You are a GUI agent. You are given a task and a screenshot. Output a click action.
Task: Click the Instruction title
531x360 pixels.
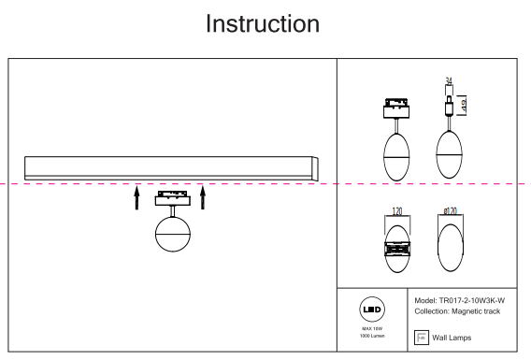pos(263,23)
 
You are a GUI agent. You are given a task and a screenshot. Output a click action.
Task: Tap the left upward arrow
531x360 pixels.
pos(136,198)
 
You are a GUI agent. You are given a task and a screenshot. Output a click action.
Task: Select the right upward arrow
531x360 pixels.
pos(203,197)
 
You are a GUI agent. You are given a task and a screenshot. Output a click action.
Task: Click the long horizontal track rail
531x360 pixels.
pos(171,168)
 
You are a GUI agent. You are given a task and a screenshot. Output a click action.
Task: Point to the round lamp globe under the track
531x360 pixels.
pos(173,234)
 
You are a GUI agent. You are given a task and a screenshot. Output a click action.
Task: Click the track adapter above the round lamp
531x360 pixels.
pos(172,198)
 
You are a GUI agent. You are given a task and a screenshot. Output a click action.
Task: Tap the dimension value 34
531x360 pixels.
pos(449,81)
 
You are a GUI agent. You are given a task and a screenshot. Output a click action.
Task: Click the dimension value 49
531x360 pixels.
pos(464,105)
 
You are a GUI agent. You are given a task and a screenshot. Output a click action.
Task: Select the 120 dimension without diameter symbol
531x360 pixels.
pos(397,211)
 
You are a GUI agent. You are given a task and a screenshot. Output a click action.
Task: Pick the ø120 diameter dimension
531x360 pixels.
pos(450,211)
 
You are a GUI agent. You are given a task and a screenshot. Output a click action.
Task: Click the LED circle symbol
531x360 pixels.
pos(372,310)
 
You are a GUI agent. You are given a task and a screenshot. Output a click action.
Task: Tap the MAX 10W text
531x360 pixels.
pos(372,328)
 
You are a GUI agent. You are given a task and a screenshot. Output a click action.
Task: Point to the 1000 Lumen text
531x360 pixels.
pos(372,336)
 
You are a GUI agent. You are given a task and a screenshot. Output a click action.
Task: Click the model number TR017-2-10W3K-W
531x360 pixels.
pos(472,300)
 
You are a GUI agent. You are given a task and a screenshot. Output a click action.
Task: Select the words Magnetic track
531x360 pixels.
pos(476,311)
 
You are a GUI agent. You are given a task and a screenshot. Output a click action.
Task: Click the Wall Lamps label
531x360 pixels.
pos(452,338)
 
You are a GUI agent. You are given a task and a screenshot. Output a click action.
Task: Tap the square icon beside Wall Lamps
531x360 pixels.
pos(422,338)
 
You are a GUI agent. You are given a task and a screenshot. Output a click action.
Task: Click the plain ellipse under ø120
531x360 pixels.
pos(451,248)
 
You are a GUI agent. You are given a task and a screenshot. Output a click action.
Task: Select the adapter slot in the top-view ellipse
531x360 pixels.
pos(397,249)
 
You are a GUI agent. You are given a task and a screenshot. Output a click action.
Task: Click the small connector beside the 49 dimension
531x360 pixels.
pos(449,106)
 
